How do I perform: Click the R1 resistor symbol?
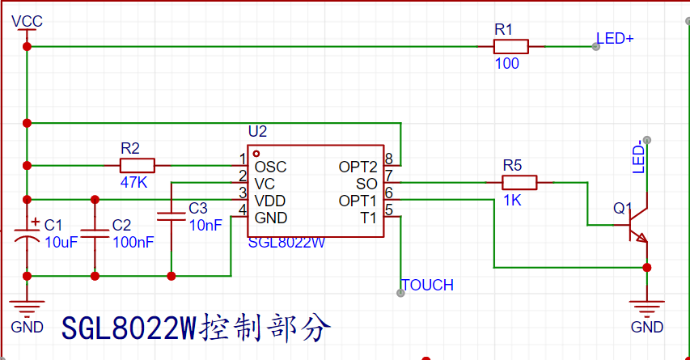pyautogui.click(x=511, y=47)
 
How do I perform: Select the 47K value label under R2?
pyautogui.click(x=133, y=182)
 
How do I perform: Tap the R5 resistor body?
pyautogui.click(x=519, y=182)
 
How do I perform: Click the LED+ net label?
pyautogui.click(x=615, y=39)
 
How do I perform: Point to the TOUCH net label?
pyautogui.click(x=427, y=286)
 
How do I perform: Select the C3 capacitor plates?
pyautogui.click(x=171, y=217)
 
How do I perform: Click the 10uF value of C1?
pyautogui.click(x=61, y=242)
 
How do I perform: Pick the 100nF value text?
pyautogui.click(x=133, y=242)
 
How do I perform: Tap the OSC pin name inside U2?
pyautogui.click(x=271, y=167)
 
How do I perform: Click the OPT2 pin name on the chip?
pyautogui.click(x=358, y=167)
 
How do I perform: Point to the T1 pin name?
pyautogui.click(x=368, y=218)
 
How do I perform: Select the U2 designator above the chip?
pyautogui.click(x=257, y=132)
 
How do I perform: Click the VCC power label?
pyautogui.click(x=27, y=21)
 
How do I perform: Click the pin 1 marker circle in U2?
pyautogui.click(x=256, y=154)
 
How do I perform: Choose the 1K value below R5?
pyautogui.click(x=512, y=201)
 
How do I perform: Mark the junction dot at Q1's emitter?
pyautogui.click(x=647, y=268)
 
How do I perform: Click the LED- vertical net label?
pyautogui.click(x=638, y=157)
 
